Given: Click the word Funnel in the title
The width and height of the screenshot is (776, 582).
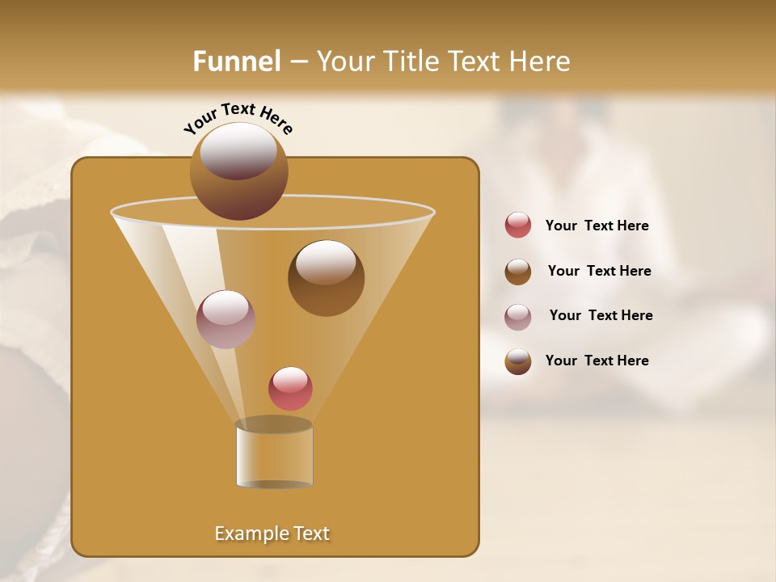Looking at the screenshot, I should click(237, 61).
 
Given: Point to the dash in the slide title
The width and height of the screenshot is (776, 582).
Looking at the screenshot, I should click(298, 62).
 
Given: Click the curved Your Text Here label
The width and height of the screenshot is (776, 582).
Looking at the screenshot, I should click(238, 117).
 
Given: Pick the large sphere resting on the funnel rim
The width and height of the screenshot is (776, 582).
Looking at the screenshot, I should click(238, 171).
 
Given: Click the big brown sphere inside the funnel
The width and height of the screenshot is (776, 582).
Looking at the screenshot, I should click(326, 278).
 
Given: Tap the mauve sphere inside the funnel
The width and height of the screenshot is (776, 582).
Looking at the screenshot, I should click(226, 319).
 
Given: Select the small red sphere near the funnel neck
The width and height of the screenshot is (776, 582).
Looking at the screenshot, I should click(290, 389).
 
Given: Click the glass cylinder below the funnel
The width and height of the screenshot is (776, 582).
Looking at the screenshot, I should click(274, 458).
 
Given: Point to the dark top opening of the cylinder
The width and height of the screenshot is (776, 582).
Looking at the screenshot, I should click(274, 424).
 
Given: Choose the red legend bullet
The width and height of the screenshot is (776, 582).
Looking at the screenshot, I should click(518, 226).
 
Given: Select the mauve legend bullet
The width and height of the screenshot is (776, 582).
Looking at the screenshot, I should click(518, 317).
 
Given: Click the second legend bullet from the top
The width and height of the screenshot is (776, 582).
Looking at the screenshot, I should click(518, 272).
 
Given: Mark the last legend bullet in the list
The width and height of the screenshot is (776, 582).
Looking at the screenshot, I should click(518, 361).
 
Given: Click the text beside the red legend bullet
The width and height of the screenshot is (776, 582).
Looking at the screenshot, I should click(597, 226).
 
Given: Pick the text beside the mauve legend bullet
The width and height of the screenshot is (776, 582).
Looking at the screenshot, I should click(601, 315).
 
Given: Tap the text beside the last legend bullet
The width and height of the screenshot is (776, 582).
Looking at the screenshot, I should click(597, 361).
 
